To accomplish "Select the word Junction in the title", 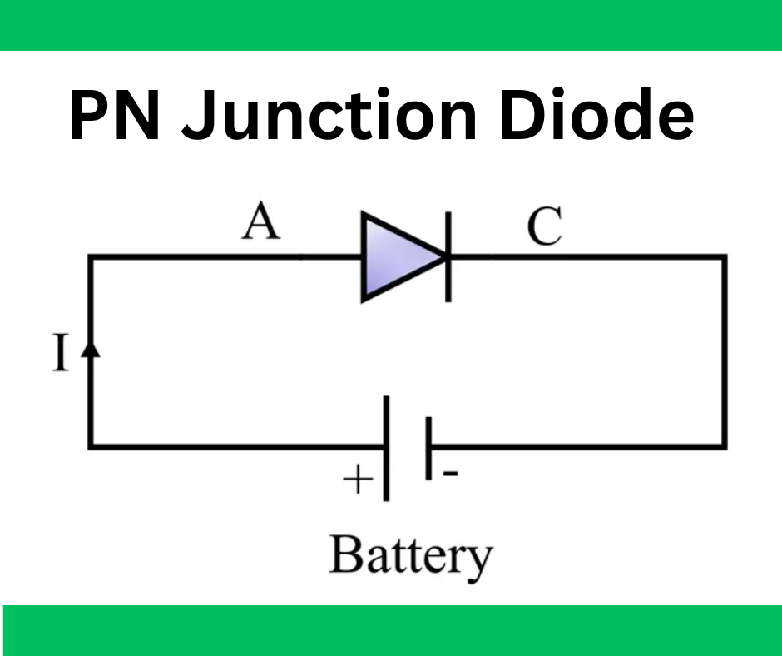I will pyautogui.click(x=329, y=117).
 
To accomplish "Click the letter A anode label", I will pyautogui.click(x=261, y=223).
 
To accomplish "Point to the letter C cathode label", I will pyautogui.click(x=545, y=226).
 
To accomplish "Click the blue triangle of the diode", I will pyautogui.click(x=395, y=256).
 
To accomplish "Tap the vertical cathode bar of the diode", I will pyautogui.click(x=448, y=256).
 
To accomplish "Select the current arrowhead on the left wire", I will pyautogui.click(x=92, y=350).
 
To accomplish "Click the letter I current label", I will pyautogui.click(x=60, y=355).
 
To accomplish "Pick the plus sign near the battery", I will pyautogui.click(x=356, y=480).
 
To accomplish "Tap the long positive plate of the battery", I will pyautogui.click(x=386, y=448).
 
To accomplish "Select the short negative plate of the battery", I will pyautogui.click(x=428, y=448).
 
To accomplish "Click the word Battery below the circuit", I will pyautogui.click(x=411, y=555).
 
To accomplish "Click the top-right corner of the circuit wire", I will pyautogui.click(x=723, y=257).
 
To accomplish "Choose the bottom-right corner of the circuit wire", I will pyautogui.click(x=723, y=447).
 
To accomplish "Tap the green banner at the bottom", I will pyautogui.click(x=391, y=630).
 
